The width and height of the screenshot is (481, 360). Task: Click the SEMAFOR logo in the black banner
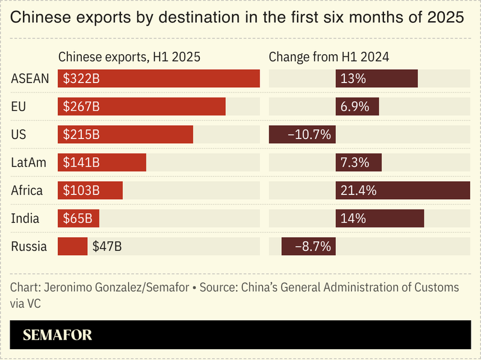point(57,335)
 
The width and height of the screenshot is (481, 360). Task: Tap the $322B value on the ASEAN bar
point(81,79)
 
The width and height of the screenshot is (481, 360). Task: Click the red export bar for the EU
point(141,107)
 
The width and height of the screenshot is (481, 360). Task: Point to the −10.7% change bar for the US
point(302,135)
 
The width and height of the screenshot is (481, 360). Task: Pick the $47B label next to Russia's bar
point(107,246)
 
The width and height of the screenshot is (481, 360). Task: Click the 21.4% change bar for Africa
point(402,190)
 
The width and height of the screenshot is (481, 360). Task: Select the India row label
point(25,219)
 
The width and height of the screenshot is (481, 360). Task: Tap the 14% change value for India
point(353,219)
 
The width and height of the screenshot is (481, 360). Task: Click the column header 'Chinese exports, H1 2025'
point(129,57)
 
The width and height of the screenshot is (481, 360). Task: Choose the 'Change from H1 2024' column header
point(329,57)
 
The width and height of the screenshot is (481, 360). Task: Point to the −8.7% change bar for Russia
point(309,246)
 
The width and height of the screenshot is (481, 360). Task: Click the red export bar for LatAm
point(102,163)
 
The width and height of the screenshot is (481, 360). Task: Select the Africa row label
point(27,190)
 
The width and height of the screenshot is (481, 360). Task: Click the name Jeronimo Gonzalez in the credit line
point(84,288)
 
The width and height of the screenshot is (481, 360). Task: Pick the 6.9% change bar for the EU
point(357,107)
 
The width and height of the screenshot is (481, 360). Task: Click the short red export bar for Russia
point(72,246)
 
